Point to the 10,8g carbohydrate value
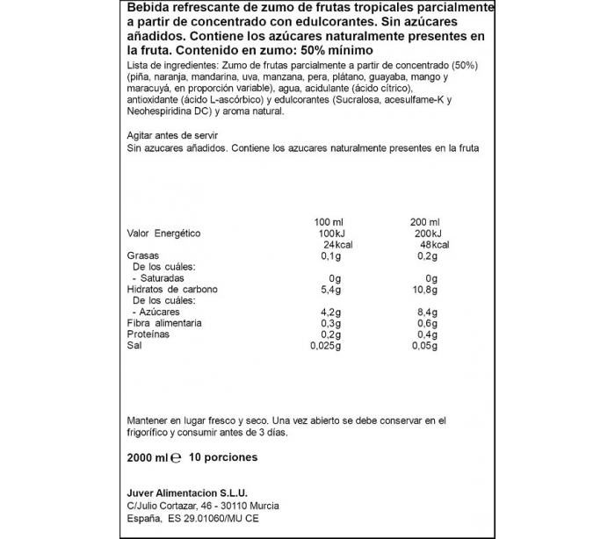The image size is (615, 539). coord(425,290)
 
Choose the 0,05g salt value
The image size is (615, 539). coord(425,346)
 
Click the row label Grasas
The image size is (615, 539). coord(142,255)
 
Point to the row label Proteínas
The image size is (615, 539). coord(148,334)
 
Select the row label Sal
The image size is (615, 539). coord(134,346)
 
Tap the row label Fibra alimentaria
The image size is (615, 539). coord(164,323)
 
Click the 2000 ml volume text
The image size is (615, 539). coord(147,457)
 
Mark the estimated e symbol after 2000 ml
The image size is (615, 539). coord(176,457)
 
